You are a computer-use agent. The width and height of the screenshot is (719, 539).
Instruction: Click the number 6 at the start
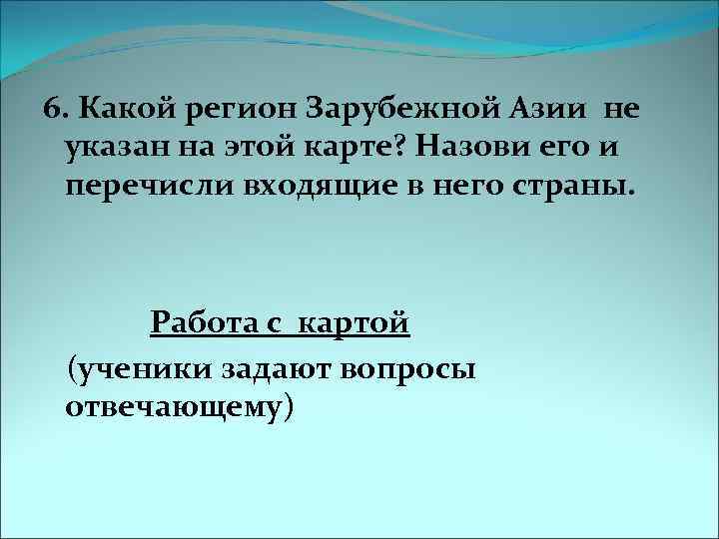pos(55,106)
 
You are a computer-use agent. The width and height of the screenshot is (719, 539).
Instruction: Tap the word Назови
pos(469,148)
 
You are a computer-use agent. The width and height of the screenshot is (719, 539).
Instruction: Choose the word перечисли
pos(143,190)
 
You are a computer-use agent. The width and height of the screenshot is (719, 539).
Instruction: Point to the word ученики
pos(140,368)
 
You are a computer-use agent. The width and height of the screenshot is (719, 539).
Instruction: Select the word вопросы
pos(408,368)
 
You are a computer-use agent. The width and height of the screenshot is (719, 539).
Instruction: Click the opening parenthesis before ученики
pos(69,368)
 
